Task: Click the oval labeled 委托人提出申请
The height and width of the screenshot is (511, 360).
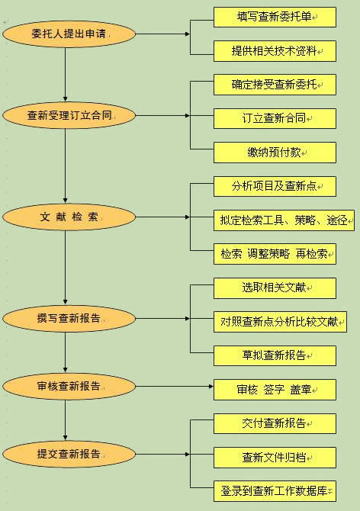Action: pyautogui.click(x=69, y=34)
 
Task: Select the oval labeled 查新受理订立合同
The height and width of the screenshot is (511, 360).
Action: pyautogui.click(x=69, y=115)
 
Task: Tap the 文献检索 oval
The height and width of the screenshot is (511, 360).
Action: pyautogui.click(x=69, y=217)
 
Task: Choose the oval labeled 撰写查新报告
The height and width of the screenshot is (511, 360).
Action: pyautogui.click(x=69, y=318)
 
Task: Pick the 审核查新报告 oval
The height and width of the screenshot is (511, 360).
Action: pyautogui.click(x=69, y=387)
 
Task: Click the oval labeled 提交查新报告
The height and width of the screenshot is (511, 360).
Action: pyautogui.click(x=69, y=454)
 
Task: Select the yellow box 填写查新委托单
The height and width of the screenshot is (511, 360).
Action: pyautogui.click(x=275, y=17)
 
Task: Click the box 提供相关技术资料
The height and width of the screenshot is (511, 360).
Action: pyautogui.click(x=275, y=51)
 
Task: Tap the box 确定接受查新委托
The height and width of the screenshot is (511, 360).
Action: pyautogui.click(x=275, y=85)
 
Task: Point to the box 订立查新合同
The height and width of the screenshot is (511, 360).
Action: pyautogui.click(x=275, y=119)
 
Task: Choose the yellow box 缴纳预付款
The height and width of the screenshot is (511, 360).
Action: pyautogui.click(x=275, y=153)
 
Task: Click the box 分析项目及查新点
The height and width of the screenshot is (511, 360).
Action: pyautogui.click(x=275, y=186)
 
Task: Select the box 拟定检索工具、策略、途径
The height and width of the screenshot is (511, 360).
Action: pyautogui.click(x=284, y=220)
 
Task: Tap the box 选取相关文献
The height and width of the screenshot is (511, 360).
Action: pyautogui.click(x=275, y=288)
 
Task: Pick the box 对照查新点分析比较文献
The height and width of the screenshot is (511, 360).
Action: pyautogui.click(x=280, y=322)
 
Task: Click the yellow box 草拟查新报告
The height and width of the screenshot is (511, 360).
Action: pyautogui.click(x=275, y=355)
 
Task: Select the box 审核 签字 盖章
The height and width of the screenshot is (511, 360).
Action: pyautogui.click(x=275, y=390)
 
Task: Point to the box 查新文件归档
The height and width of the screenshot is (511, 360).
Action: pyautogui.click(x=275, y=458)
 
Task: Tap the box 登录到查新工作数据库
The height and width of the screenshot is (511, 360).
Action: pyautogui.click(x=275, y=491)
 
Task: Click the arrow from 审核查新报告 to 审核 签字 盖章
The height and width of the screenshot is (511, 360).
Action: pyautogui.click(x=175, y=387)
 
